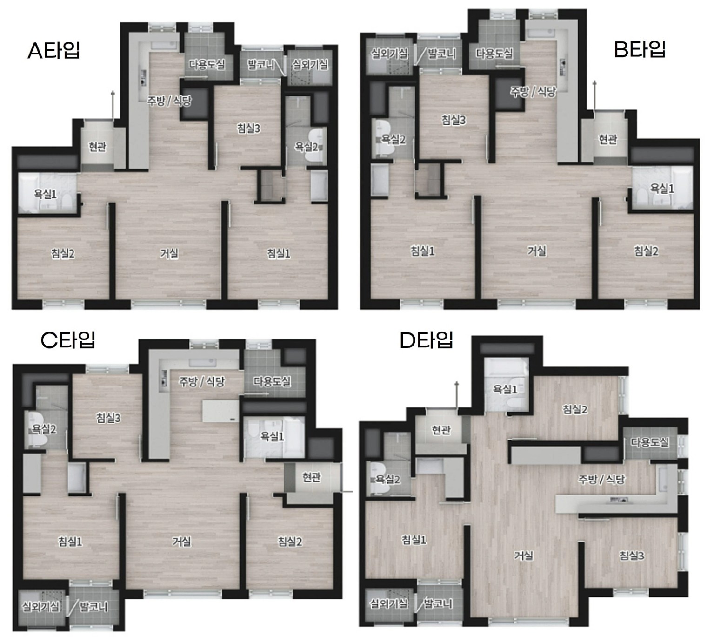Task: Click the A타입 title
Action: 54,50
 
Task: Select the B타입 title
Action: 640,49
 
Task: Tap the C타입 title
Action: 67,340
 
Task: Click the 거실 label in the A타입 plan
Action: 169,253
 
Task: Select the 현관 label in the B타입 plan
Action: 607,139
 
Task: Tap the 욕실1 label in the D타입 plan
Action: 505,389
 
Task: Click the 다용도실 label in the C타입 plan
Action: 272,381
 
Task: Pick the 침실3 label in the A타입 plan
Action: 248,129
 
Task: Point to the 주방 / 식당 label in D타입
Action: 601,479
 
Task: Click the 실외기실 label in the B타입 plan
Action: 389,54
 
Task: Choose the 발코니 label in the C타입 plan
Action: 93,607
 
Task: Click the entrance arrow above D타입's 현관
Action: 457,395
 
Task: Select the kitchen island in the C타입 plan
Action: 220,411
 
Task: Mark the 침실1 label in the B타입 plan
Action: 422,251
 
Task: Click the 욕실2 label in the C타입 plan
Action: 44,429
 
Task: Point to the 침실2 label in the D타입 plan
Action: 575,409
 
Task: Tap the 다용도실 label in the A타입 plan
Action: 207,64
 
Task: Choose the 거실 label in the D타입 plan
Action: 523,556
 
